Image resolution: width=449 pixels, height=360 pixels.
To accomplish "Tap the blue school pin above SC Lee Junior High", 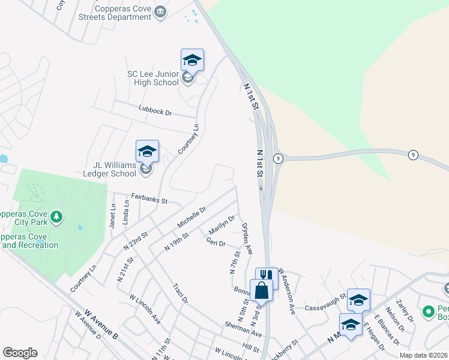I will [192, 60].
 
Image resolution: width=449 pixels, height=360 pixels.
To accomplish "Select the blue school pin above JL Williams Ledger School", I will [147, 151].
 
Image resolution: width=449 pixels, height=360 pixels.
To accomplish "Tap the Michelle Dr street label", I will [191, 217].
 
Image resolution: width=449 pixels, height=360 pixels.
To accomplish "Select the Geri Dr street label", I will [215, 243].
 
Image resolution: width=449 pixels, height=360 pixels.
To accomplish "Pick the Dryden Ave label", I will [247, 238].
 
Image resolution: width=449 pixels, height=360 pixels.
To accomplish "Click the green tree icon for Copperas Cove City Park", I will [56, 216].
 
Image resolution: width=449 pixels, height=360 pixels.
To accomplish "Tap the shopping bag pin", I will [262, 291].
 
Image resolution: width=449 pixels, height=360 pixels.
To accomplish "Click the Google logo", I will [20, 353].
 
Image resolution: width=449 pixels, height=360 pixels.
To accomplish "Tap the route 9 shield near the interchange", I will [278, 158].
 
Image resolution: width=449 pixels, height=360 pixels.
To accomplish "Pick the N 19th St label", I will [177, 242].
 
